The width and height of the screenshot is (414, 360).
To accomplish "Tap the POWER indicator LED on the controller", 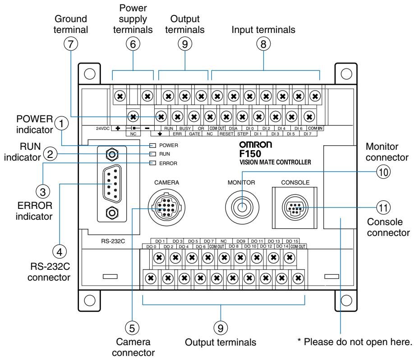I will [152, 146].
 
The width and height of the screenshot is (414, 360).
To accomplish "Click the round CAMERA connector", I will [162, 208].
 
